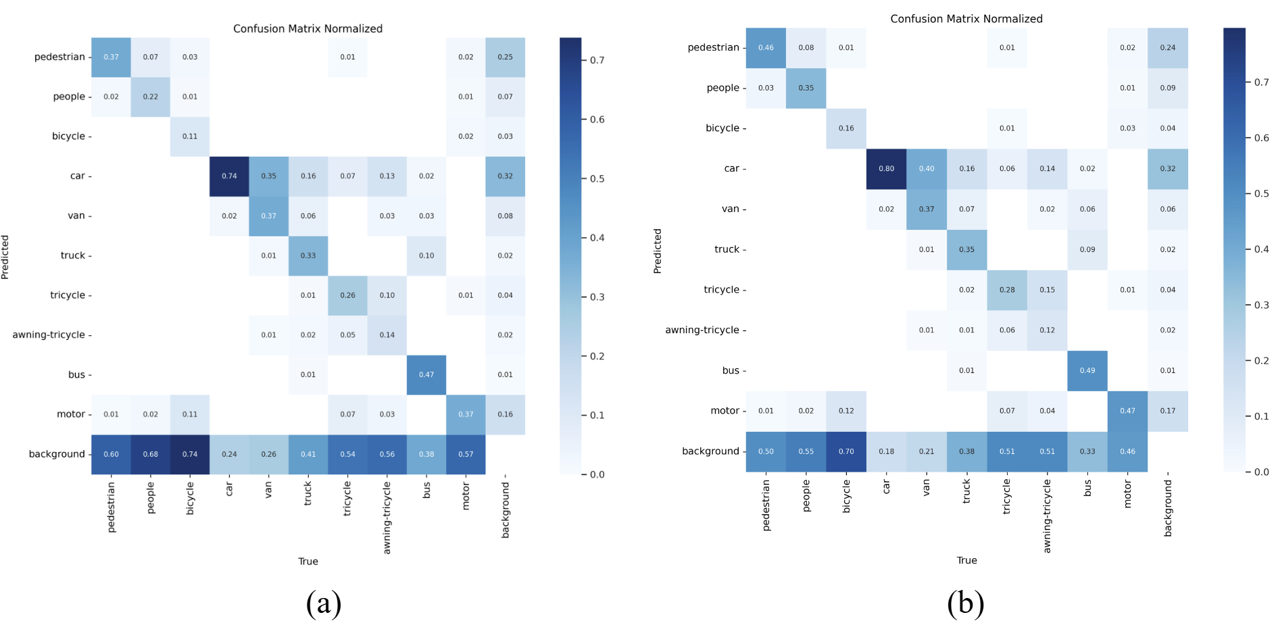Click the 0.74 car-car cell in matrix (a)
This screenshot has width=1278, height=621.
point(229,176)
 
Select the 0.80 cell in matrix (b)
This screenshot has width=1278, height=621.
point(886,169)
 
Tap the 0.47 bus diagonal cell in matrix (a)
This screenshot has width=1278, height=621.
point(426,374)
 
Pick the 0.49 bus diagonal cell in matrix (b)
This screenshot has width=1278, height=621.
point(1087,370)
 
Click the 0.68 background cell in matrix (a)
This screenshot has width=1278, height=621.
point(150,454)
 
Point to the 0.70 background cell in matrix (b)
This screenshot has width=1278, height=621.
point(846,451)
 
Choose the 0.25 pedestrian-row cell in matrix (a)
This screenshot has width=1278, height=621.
point(505,57)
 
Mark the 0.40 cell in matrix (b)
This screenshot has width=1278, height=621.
point(926,169)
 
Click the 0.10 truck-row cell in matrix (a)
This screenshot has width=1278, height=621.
point(426,255)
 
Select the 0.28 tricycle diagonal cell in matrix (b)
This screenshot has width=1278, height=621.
point(1007,290)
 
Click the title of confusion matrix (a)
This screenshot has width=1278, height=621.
point(308,28)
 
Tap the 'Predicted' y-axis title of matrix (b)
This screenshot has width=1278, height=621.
point(657,251)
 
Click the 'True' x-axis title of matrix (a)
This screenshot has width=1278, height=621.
point(308,562)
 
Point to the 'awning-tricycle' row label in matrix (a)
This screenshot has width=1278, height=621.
point(49,335)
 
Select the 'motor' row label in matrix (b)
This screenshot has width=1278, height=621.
point(724,411)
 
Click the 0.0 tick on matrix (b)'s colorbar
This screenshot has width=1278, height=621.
point(1261,472)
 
